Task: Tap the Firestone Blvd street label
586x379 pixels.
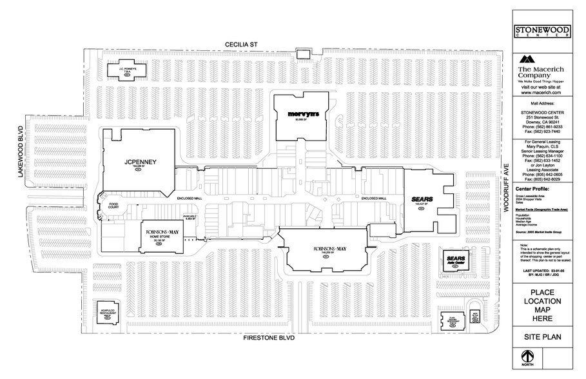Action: pos(269,337)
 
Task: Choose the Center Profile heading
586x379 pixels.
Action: pos(533,189)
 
